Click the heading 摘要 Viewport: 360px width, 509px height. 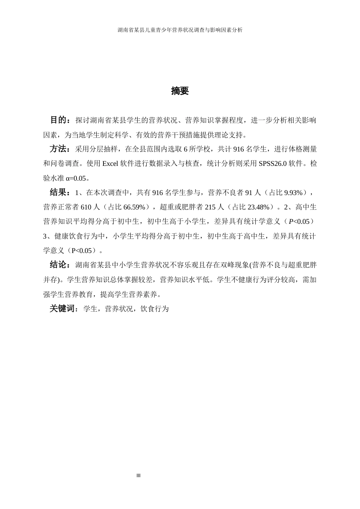coord(180,91)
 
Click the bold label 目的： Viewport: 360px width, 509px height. coord(60,120)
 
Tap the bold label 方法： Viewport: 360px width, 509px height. coord(60,149)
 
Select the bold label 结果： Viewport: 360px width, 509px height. coord(60,193)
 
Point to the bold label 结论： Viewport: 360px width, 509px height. coord(60,265)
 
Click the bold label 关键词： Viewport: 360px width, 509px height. coord(64,309)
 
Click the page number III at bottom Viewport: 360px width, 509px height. coord(138,476)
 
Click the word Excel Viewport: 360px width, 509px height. coord(111,164)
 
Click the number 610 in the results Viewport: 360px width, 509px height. coord(86,207)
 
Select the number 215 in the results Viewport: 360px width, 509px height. coord(210,207)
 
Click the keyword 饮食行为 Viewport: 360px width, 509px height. coord(155,309)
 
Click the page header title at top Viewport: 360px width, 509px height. coord(180,30)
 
